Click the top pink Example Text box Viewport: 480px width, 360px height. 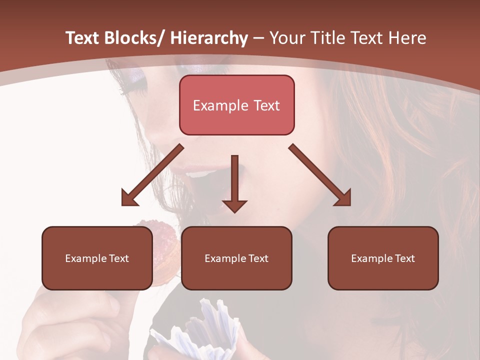236,105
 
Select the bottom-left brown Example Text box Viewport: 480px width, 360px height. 97,258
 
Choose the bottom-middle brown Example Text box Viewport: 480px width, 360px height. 236,258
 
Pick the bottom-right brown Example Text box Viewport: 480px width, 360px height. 383,258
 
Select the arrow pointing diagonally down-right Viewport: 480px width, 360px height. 320,175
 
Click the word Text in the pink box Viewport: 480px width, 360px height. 265,105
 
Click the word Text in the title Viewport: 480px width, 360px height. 368,38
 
